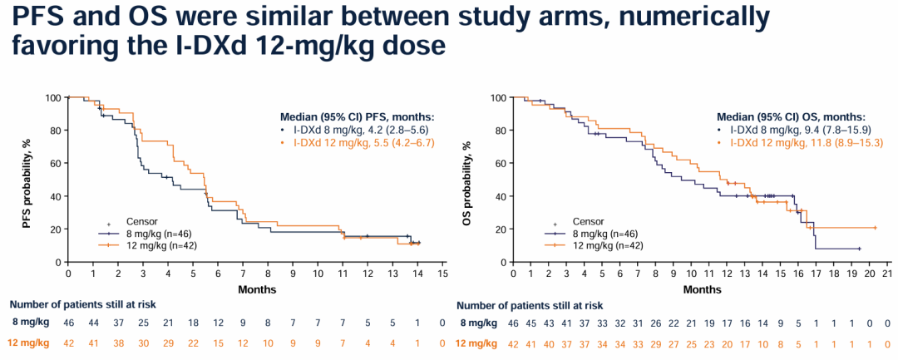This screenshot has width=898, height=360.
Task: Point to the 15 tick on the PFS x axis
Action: pos(443,274)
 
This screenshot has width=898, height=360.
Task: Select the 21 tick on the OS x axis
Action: pos(887,274)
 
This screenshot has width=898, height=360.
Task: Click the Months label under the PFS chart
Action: pos(256,290)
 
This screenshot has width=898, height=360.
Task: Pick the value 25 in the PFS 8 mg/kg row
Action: pos(144,322)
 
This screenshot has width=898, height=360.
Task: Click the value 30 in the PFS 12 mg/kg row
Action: pos(144,343)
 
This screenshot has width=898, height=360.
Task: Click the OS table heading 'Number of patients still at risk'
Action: pos(530,305)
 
